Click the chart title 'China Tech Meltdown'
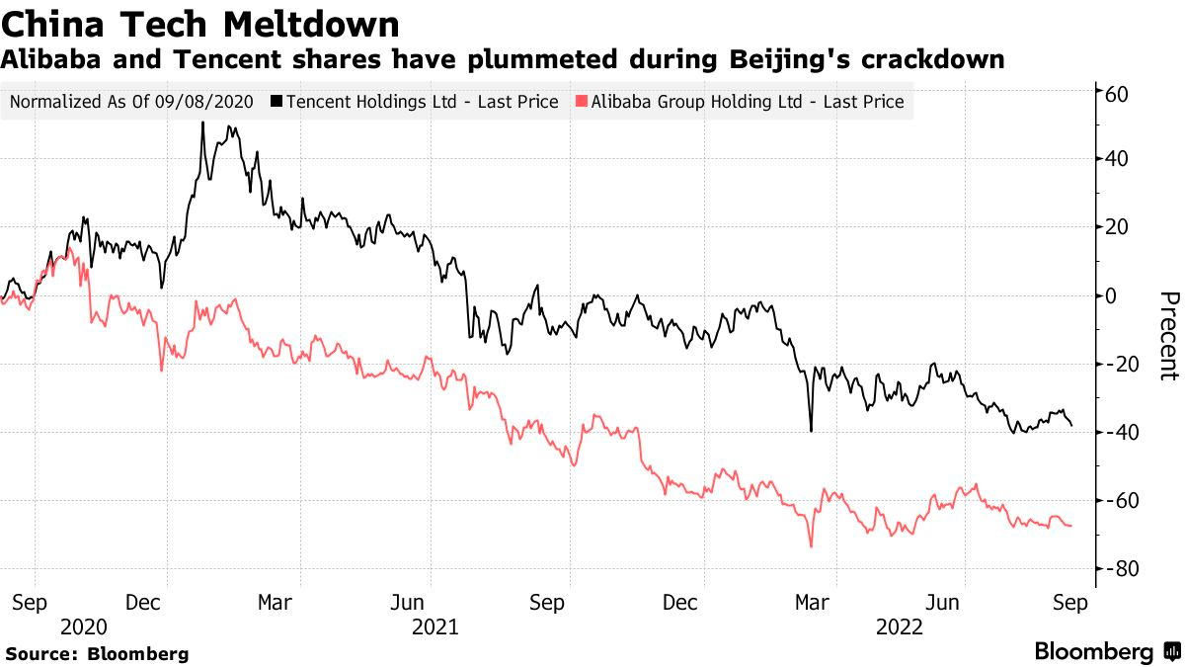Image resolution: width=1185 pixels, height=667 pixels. (199, 25)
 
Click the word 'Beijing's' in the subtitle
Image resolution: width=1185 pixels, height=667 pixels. (789, 60)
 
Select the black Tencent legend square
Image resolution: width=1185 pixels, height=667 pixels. (276, 101)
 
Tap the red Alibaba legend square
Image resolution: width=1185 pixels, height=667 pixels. (582, 101)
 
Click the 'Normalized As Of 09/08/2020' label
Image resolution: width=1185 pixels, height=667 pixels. (131, 102)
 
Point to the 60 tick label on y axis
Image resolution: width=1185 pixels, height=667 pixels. (1116, 95)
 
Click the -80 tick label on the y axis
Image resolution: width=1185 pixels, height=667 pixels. (1116, 569)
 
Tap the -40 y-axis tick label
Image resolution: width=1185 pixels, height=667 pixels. (1116, 433)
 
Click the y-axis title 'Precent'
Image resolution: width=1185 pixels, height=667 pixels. (1169, 336)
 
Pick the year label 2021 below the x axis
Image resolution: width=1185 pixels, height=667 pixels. (434, 627)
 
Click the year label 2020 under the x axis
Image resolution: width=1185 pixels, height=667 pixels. (84, 627)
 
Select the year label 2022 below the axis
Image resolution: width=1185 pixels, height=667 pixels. (900, 627)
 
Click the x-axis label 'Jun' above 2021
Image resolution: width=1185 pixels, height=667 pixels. (407, 603)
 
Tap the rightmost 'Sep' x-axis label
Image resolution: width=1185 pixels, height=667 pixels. (1070, 603)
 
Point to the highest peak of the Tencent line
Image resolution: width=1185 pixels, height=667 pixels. (202, 123)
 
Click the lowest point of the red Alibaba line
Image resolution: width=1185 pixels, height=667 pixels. (812, 546)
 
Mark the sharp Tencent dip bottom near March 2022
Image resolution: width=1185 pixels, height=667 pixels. (811, 431)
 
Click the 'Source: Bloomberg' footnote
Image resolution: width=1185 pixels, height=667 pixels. (98, 654)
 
